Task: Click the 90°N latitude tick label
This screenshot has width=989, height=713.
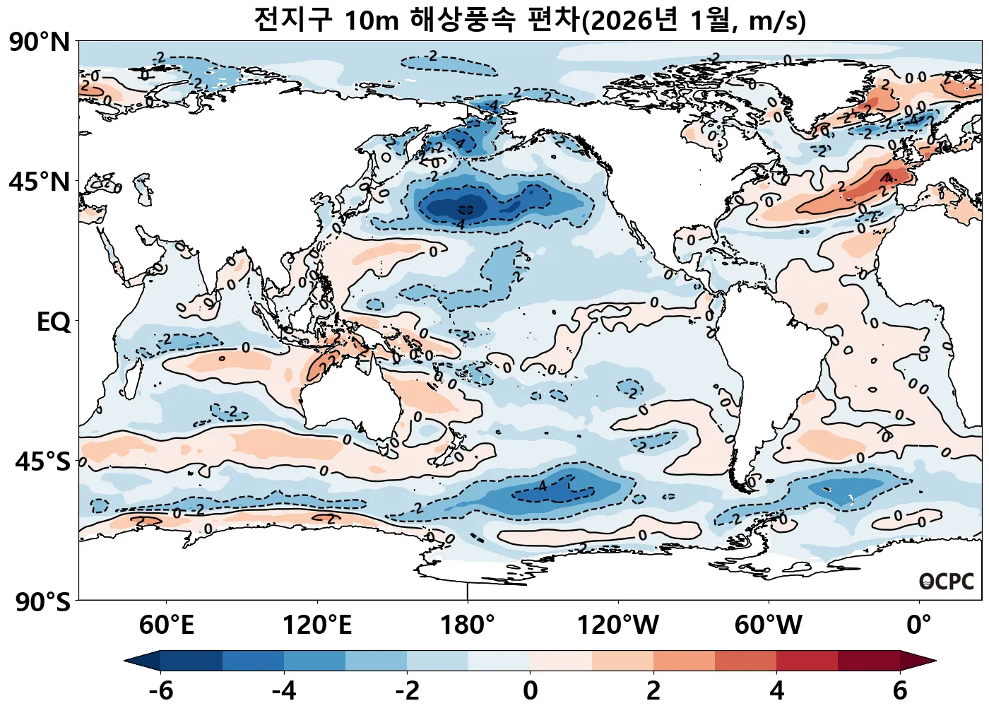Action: click(x=40, y=42)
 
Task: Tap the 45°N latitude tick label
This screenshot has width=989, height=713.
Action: click(x=40, y=182)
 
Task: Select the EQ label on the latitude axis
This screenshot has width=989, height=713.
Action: click(x=54, y=322)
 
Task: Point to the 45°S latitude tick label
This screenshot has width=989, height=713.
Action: click(x=43, y=462)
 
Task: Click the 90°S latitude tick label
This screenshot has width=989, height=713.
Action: click(x=43, y=602)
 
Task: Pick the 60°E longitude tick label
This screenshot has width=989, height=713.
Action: click(x=167, y=625)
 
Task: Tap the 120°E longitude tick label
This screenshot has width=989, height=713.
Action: click(x=317, y=625)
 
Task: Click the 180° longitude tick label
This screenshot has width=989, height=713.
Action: click(x=468, y=625)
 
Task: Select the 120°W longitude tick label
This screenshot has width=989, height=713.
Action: click(x=618, y=625)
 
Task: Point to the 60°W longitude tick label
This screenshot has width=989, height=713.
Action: click(x=769, y=625)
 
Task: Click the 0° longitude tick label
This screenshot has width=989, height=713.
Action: click(x=919, y=625)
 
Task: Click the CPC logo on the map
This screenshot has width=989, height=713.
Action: click(x=947, y=582)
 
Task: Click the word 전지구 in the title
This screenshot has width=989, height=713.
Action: click(x=292, y=20)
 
